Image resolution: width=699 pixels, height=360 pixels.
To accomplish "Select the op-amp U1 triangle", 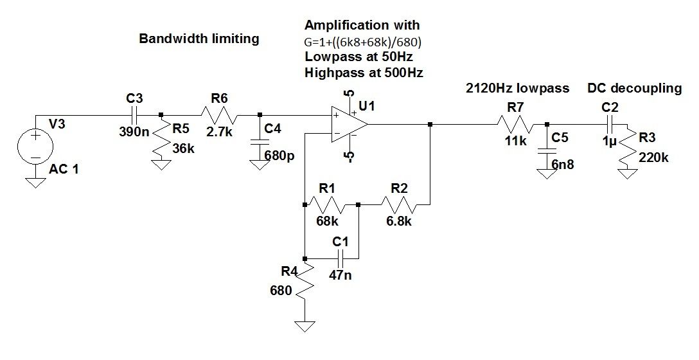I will pos(347,125).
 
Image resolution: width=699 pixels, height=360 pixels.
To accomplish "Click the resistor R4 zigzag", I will pos(306,282).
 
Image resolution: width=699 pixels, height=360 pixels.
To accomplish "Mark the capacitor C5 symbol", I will pos(545,151).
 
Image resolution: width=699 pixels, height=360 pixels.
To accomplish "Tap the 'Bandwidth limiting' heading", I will pos(199,39).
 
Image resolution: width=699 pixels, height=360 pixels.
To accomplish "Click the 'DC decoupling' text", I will pos(634,89).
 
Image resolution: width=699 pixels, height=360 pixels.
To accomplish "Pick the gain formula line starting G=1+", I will pos(366,41).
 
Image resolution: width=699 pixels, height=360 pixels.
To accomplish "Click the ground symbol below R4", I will pos(306,325).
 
